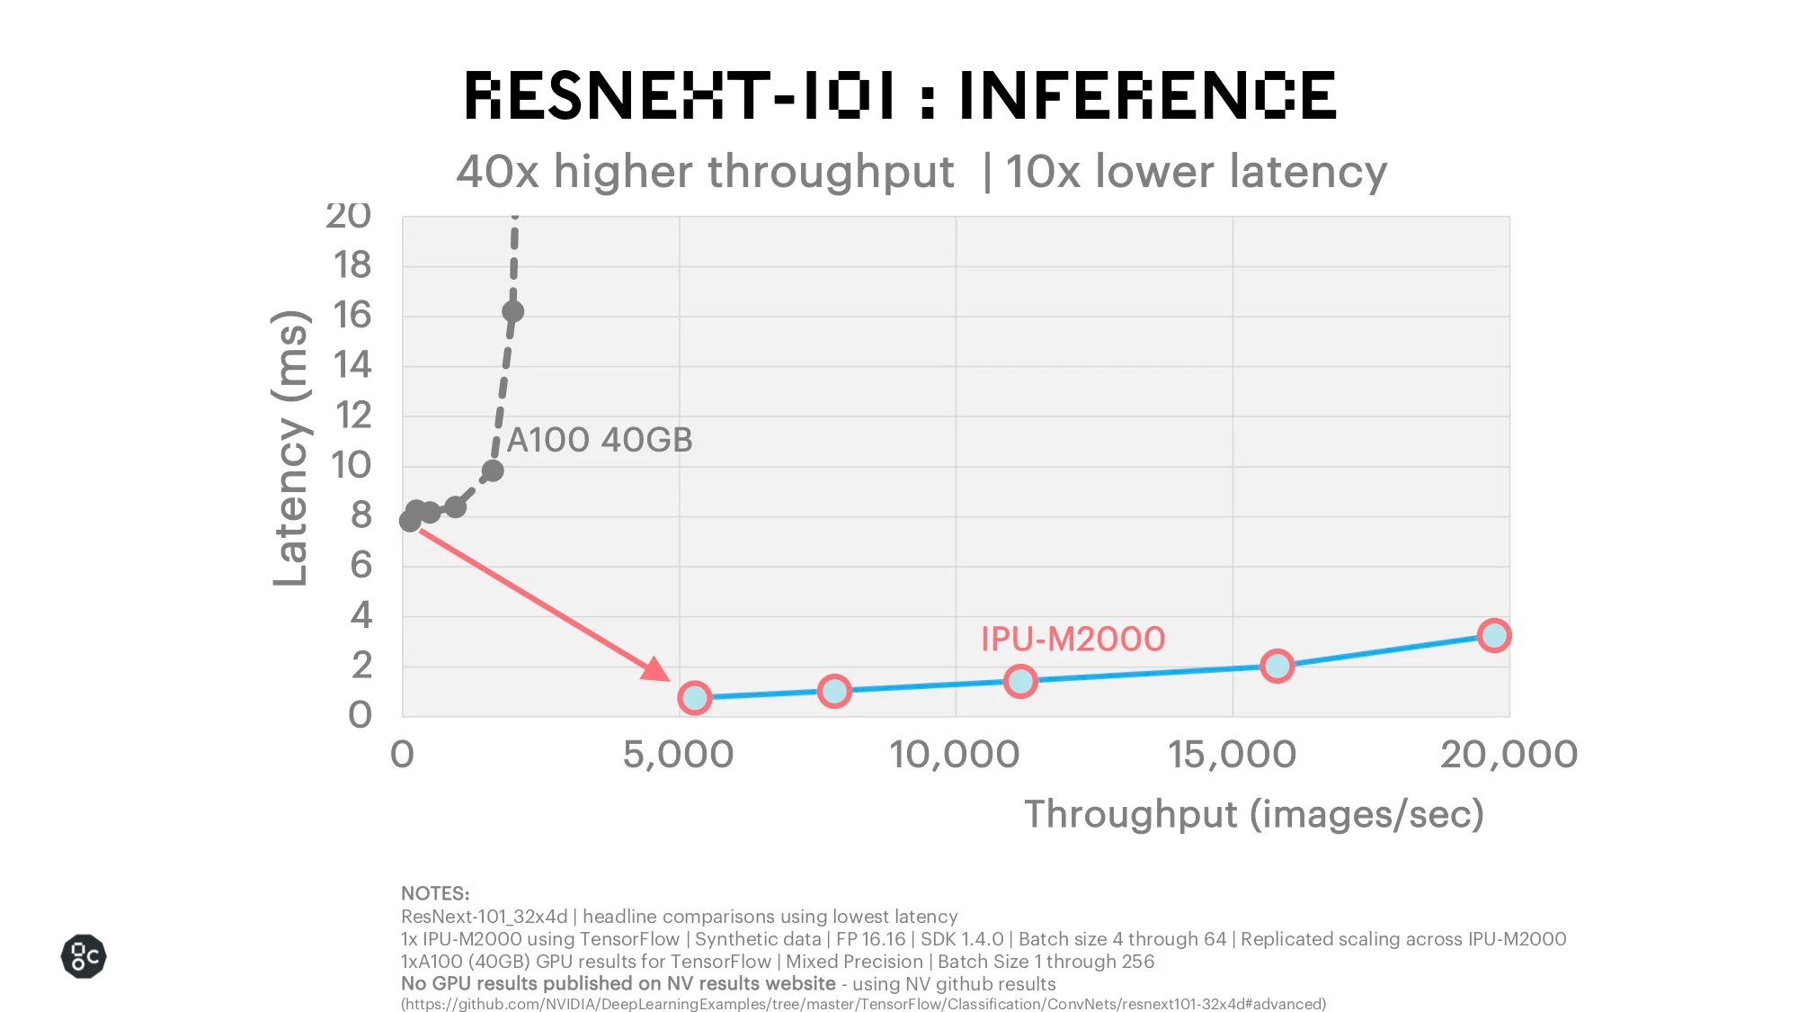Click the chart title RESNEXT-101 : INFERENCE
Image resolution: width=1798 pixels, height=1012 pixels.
(900, 95)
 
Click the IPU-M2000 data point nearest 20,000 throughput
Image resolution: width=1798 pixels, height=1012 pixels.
(1494, 635)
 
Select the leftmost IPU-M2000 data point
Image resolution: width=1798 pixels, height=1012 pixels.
(694, 697)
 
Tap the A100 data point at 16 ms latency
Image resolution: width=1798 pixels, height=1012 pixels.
(512, 312)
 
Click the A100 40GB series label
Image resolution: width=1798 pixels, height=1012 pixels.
(600, 440)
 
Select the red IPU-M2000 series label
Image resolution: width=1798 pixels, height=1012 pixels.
(1073, 639)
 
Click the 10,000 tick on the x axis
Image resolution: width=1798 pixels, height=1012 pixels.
(955, 755)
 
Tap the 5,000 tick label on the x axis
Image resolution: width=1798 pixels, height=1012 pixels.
(678, 755)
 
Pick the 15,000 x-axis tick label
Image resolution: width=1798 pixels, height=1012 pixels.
(1232, 755)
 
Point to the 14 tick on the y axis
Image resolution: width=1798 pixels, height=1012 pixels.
(352, 365)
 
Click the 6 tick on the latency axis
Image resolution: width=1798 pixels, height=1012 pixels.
(360, 565)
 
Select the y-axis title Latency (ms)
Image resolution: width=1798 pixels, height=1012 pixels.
(290, 448)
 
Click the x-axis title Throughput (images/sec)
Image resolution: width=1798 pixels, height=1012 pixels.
(1254, 814)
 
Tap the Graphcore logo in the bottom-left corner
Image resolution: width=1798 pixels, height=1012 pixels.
(84, 956)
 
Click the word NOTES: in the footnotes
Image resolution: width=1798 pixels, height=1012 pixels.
(435, 893)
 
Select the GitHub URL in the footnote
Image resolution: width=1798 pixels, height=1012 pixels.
(863, 1004)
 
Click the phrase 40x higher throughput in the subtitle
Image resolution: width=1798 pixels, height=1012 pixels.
(705, 171)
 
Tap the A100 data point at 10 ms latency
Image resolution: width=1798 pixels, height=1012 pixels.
(492, 470)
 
